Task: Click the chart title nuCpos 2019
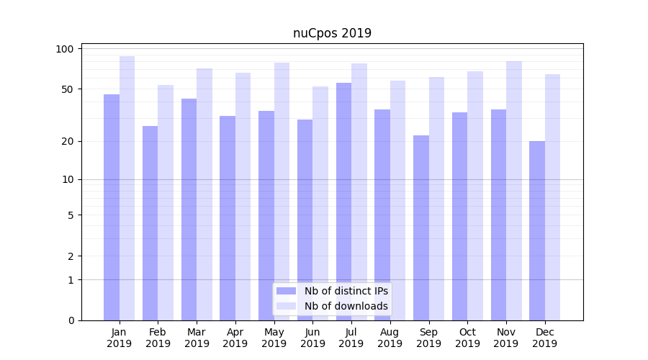[332, 33]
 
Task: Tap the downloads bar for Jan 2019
[127, 188]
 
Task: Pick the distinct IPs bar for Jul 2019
[343, 202]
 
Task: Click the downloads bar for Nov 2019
[513, 191]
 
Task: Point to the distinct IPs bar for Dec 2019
[537, 230]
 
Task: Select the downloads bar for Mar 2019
[204, 194]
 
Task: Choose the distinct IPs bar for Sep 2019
[421, 228]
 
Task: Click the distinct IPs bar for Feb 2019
[150, 223]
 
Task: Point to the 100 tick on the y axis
[66, 49]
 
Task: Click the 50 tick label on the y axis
[68, 89]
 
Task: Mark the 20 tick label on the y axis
[68, 141]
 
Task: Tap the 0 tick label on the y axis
[71, 320]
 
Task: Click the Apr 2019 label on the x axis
[235, 338]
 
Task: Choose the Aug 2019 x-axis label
[390, 338]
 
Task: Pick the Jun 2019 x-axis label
[312, 338]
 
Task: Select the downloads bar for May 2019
[282, 192]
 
